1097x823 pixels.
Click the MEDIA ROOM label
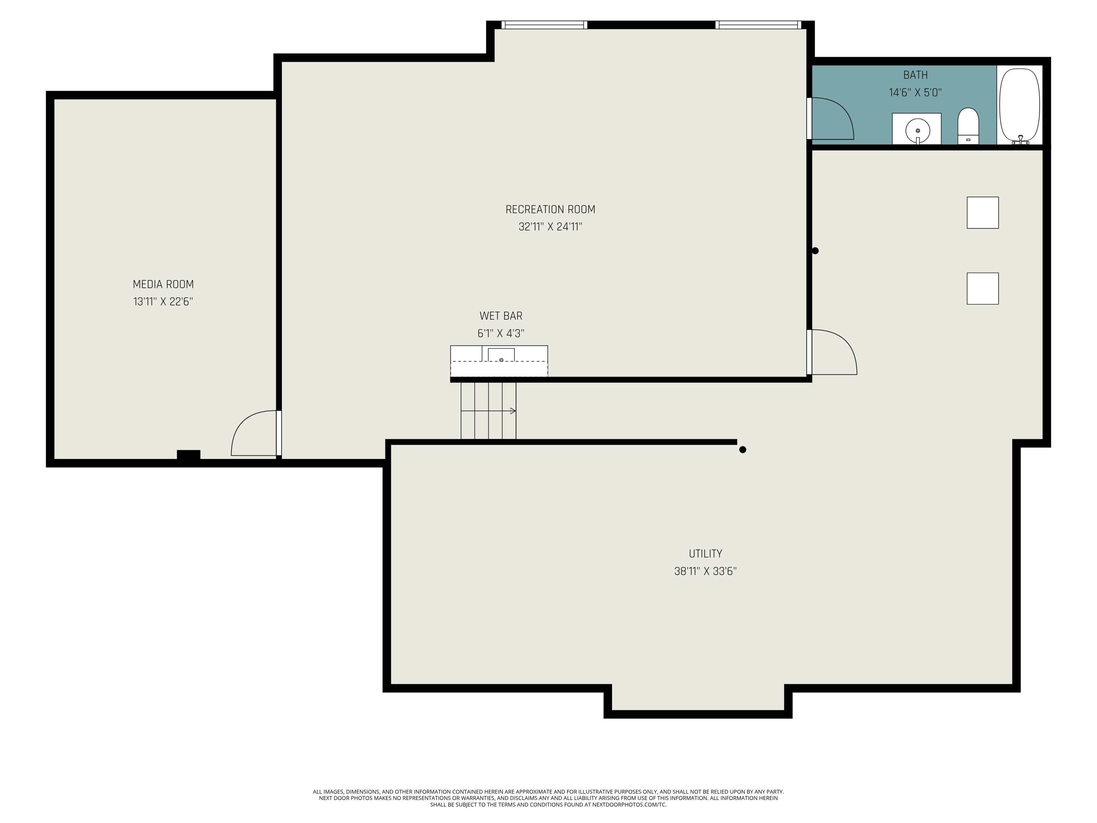click(x=163, y=284)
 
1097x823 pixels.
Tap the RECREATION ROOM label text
click(x=550, y=209)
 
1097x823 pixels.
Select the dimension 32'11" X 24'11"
click(x=550, y=227)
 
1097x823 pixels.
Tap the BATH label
click(x=915, y=75)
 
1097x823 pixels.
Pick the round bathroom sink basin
click(x=917, y=131)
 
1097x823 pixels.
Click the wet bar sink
click(x=501, y=355)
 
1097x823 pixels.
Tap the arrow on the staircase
click(x=513, y=411)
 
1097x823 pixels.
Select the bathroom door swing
click(x=831, y=119)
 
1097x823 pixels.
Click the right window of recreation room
click(x=757, y=25)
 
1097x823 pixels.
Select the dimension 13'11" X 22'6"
click(x=163, y=302)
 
